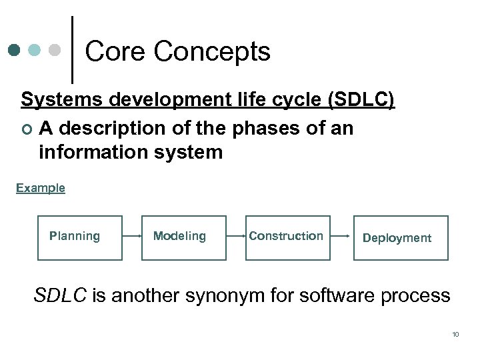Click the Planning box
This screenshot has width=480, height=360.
pyautogui.click(x=80, y=237)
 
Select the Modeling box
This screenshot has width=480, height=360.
pyautogui.click(x=184, y=237)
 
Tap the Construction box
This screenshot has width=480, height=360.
pyautogui.click(x=288, y=237)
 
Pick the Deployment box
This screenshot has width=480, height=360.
pyautogui.click(x=400, y=238)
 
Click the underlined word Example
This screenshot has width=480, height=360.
pyautogui.click(x=41, y=188)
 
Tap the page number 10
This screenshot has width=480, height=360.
pyautogui.click(x=455, y=334)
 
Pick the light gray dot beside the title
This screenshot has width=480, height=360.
pyautogui.click(x=55, y=50)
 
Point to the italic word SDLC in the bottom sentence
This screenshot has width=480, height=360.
pyautogui.click(x=60, y=295)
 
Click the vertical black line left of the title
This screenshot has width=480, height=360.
pyautogui.click(x=72, y=50)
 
